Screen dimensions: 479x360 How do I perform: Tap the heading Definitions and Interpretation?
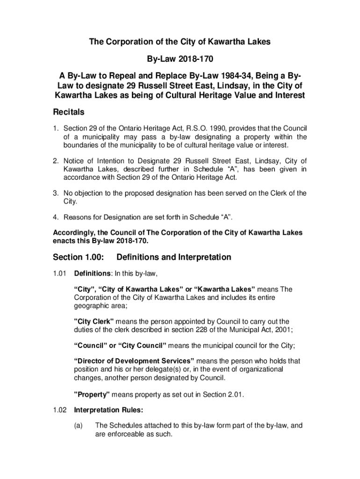coord(173,257)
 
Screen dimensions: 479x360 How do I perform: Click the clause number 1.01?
coord(60,274)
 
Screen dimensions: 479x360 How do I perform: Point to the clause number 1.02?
coord(60,410)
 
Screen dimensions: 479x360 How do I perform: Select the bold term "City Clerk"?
coord(94,322)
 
